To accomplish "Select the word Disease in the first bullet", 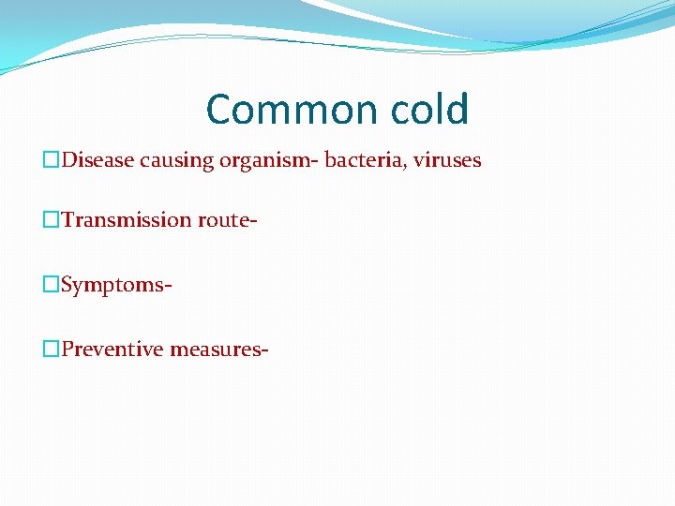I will click(98, 160).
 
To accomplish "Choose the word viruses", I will click(444, 160).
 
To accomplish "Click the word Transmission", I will click(127, 220).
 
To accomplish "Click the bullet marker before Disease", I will click(51, 161).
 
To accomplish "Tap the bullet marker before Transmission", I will click(51, 220).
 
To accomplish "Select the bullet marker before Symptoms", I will click(51, 285).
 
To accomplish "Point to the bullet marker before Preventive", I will click(51, 350).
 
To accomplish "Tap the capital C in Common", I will click(220, 110).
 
